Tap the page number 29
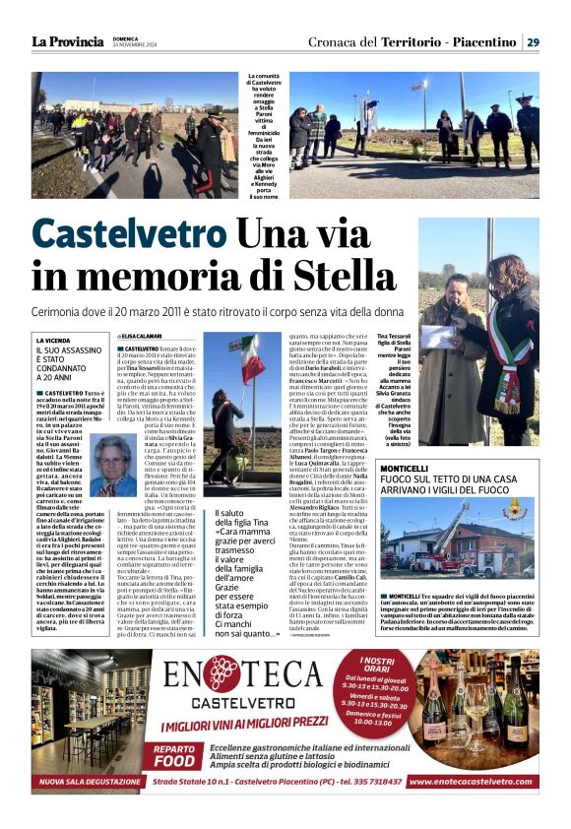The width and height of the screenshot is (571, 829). (x=532, y=41)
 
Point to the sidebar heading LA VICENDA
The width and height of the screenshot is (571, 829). (x=56, y=341)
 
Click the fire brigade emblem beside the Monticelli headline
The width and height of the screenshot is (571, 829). (x=514, y=510)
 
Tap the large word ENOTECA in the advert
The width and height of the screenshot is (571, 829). (x=285, y=676)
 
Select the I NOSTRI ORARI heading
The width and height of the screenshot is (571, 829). (x=392, y=662)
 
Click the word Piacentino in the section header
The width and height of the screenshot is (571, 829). (x=479, y=41)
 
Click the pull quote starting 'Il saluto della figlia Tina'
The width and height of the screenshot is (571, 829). (x=247, y=586)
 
